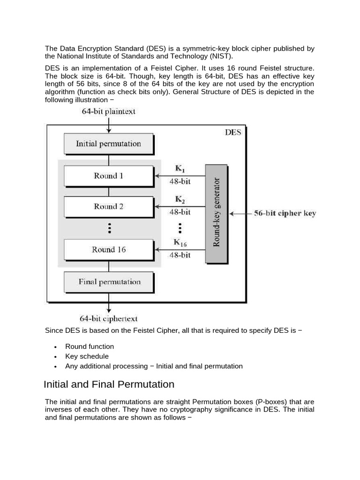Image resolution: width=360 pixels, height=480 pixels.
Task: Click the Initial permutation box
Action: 108,144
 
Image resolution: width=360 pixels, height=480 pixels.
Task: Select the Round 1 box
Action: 108,176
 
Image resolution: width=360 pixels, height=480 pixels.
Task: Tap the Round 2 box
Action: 108,207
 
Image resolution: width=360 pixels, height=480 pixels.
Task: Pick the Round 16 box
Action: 108,250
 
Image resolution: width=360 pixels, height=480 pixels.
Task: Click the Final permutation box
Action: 108,282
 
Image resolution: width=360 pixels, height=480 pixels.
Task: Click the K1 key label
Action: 180,169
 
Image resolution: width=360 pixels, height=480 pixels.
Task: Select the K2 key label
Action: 180,200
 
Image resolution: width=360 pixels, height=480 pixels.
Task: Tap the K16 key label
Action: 180,243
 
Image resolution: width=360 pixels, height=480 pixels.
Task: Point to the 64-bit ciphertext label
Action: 109,319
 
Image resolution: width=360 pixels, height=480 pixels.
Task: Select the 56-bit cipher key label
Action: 285,213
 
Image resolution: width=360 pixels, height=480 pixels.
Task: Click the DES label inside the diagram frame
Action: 232,132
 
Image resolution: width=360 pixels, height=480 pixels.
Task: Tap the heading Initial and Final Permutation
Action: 109,384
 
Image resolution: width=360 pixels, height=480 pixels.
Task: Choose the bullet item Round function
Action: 90,346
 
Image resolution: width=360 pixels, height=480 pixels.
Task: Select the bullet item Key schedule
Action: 87,356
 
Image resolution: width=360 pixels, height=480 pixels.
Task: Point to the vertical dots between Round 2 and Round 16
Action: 109,228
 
